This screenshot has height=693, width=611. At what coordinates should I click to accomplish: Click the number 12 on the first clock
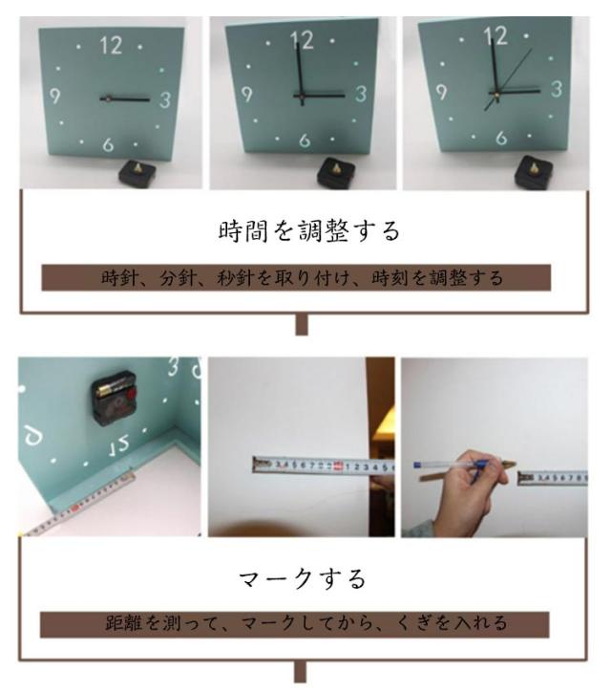[x=111, y=45]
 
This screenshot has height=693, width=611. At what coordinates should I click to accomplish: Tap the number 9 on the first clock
[x=54, y=96]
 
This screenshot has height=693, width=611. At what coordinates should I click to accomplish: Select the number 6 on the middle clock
[x=305, y=141]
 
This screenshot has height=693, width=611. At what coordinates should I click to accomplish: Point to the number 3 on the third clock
[x=557, y=89]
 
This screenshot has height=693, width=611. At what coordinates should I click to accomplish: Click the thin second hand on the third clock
[x=508, y=79]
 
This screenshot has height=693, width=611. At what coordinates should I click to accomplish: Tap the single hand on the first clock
[x=125, y=99]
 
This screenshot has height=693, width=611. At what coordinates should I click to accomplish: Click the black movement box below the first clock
[x=137, y=172]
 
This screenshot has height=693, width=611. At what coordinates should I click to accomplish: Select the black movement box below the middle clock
[x=336, y=171]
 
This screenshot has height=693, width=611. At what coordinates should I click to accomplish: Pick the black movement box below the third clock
[x=534, y=172]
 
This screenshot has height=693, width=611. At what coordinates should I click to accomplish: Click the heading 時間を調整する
[x=308, y=231]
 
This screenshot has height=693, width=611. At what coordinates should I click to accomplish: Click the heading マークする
[x=303, y=579]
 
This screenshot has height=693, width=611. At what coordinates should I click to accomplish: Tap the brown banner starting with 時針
[x=296, y=277]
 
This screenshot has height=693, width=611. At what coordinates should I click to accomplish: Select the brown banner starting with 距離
[x=294, y=624]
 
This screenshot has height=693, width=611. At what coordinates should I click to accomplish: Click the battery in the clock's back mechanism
[x=112, y=388]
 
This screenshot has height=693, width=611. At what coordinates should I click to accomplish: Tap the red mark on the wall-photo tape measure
[x=338, y=466]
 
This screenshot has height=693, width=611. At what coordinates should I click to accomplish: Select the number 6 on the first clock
[x=108, y=144]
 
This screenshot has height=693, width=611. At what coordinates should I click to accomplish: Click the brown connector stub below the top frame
[x=302, y=325]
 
